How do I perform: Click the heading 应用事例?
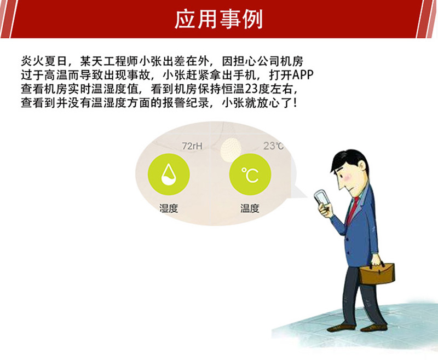click(218, 19)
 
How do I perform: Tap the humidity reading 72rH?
click(192, 146)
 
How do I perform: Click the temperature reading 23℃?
click(273, 146)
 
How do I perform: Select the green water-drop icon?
click(169, 175)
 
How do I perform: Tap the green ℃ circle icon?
click(250, 175)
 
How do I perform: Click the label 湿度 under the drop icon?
click(169, 208)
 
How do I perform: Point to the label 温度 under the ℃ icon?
click(250, 208)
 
